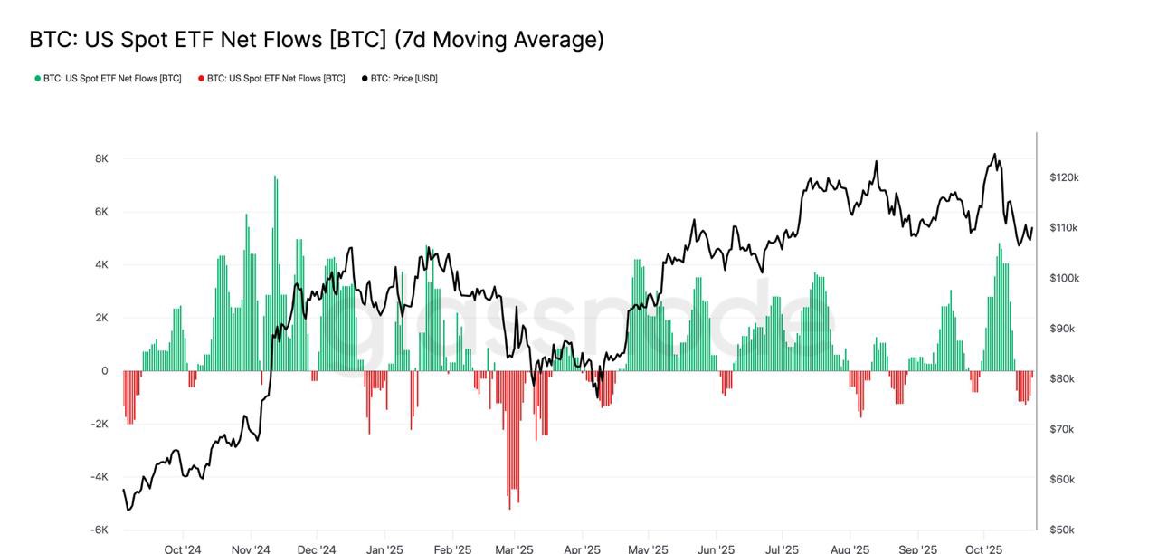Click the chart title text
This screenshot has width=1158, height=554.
[317, 40]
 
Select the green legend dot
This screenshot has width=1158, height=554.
[38, 79]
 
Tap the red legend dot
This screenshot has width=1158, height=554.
[201, 79]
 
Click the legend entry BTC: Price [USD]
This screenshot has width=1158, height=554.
[403, 79]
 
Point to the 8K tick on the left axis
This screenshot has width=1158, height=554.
[101, 158]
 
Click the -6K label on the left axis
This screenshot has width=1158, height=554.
[100, 530]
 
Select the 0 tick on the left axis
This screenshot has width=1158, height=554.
[105, 370]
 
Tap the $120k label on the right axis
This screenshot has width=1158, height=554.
[1064, 177]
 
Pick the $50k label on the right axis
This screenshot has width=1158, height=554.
[1062, 530]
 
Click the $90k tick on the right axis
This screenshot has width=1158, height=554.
[1062, 329]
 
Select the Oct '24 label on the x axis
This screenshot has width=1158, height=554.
[183, 549]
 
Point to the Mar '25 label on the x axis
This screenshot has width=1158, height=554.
[514, 549]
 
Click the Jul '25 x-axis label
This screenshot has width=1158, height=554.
[782, 549]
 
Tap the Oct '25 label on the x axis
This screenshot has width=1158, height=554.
[983, 549]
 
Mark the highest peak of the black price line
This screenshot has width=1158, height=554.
[994, 155]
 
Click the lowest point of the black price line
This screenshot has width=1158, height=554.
[128, 510]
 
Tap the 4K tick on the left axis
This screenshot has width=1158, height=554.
[101, 264]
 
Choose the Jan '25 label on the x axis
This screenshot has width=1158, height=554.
[384, 549]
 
